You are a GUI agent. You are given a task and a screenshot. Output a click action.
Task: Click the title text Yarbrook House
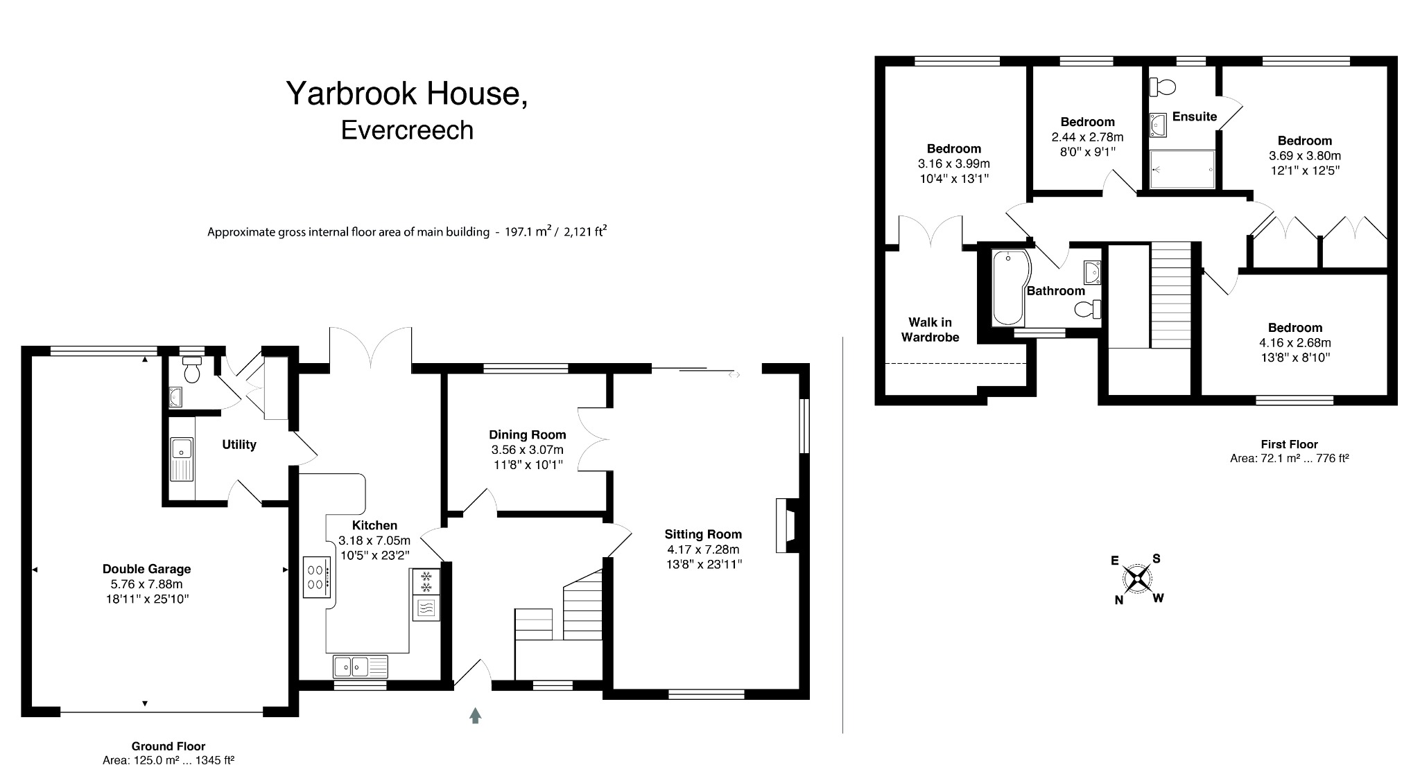pos(406,94)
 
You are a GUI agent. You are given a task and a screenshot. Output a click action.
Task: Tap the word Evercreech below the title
pos(407,130)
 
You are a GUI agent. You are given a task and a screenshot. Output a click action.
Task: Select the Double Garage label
pos(146,569)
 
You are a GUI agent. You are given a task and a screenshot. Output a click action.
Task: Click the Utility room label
pos(239,445)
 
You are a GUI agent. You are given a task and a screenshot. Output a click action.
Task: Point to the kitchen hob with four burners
pos(316,578)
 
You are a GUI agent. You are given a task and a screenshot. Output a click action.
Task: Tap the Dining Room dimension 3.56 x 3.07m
pos(527,450)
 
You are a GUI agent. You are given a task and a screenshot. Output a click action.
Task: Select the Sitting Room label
pos(702,534)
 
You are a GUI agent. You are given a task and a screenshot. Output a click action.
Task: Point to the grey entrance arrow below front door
pos(475,715)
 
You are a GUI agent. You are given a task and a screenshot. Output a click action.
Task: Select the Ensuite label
pos(1194,116)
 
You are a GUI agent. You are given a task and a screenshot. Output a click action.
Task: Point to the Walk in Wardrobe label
pos(930,330)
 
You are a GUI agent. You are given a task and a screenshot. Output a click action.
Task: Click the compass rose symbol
pos(1138,579)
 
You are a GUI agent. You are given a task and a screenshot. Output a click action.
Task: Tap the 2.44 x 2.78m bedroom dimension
pos(1087,137)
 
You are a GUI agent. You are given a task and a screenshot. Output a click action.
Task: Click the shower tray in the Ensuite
pos(1182,169)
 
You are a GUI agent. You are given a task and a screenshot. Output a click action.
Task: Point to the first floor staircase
pos(1170,294)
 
